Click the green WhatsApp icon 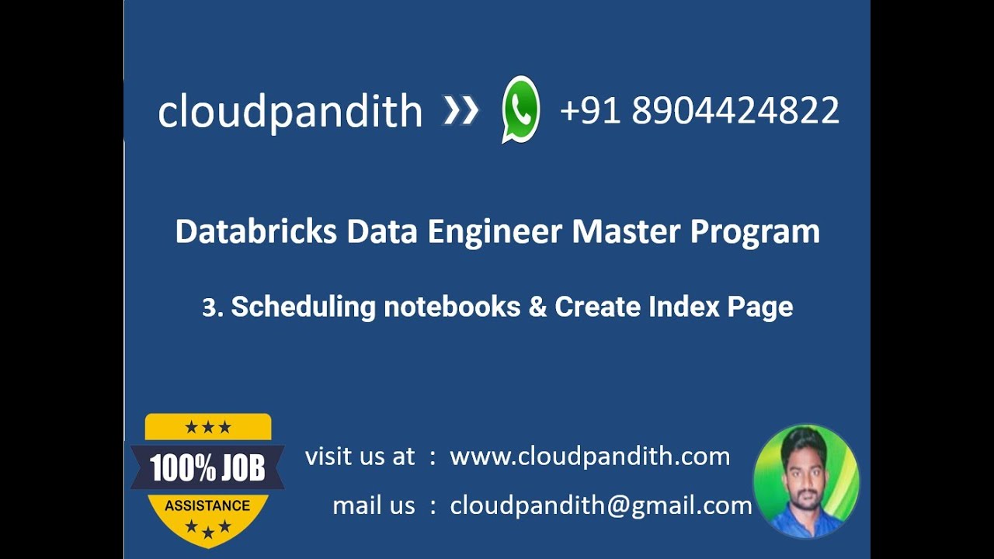[520, 109]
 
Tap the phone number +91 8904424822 [699, 110]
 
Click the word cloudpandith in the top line [290, 112]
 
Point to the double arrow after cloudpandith [461, 111]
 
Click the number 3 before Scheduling [209, 307]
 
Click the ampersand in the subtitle [537, 307]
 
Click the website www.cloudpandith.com [590, 457]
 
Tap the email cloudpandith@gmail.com [601, 506]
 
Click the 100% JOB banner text [207, 468]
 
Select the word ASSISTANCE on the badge [207, 505]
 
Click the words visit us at [360, 457]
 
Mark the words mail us [374, 506]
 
